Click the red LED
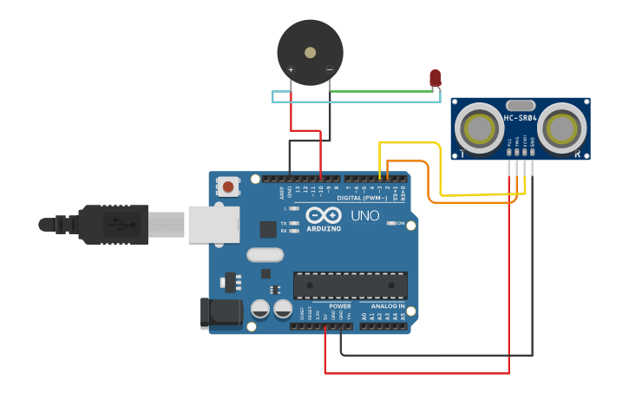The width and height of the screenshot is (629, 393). pyautogui.click(x=436, y=78)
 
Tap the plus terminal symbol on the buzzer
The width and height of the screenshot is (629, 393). pyautogui.click(x=291, y=70)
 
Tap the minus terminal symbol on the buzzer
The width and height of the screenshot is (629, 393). pyautogui.click(x=329, y=70)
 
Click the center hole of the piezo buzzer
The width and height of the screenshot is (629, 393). pyautogui.click(x=310, y=52)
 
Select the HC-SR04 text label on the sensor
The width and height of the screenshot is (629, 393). pyautogui.click(x=521, y=118)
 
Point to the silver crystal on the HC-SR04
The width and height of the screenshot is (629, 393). pyautogui.click(x=520, y=104)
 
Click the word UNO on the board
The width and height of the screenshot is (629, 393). pyautogui.click(x=364, y=215)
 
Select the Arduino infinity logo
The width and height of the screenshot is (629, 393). pyautogui.click(x=322, y=216)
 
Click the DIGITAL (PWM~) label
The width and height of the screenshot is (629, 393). pyautogui.click(x=362, y=198)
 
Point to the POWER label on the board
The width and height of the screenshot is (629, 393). pyautogui.click(x=340, y=306)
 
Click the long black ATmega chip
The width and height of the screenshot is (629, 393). pyautogui.click(x=350, y=285)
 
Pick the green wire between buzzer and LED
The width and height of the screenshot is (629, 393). pyautogui.click(x=382, y=90)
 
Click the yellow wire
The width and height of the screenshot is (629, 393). pyautogui.click(x=408, y=144)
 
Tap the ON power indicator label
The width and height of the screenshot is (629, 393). pyautogui.click(x=400, y=223)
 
